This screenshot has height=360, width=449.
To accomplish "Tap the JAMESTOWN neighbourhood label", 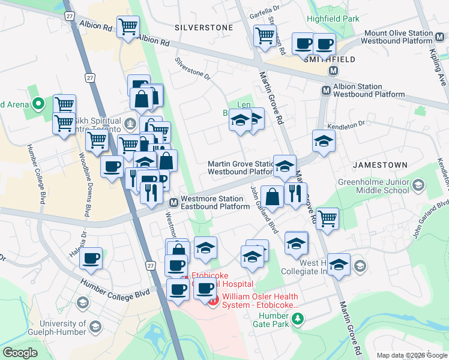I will tap(380, 164).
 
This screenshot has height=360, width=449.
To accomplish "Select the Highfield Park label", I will tap(333, 19).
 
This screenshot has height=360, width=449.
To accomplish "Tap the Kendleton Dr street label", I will tap(345, 124).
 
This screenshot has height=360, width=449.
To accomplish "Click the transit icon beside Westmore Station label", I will tap(173, 202).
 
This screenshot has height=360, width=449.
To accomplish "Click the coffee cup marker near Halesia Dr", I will tap(91, 259).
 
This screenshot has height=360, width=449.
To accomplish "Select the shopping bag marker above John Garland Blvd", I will tap(272, 196).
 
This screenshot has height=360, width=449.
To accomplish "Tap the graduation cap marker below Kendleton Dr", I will tap(324, 142).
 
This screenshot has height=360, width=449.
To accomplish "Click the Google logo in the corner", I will tap(20, 353).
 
